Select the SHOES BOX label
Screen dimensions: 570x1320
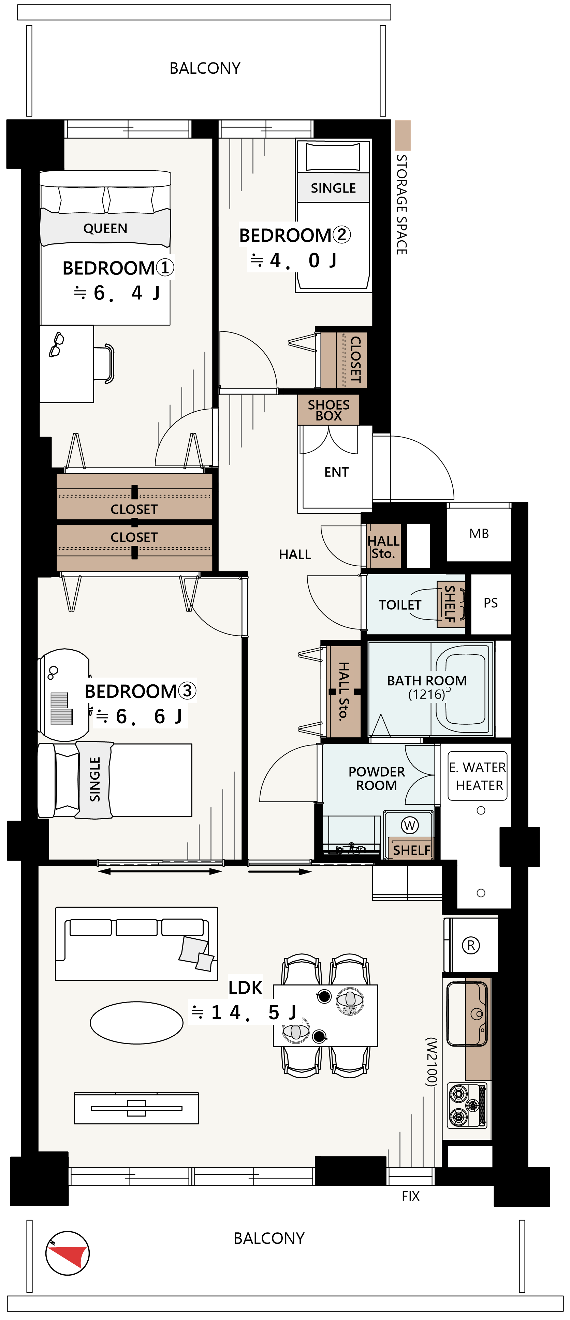pyautogui.click(x=328, y=410)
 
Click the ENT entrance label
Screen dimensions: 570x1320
pyautogui.click(x=336, y=472)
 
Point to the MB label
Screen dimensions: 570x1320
pyautogui.click(x=479, y=534)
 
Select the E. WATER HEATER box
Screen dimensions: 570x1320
pyautogui.click(x=477, y=776)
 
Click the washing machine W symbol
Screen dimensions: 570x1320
pyautogui.click(x=409, y=825)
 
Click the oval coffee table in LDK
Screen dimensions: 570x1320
pyautogui.click(x=137, y=1022)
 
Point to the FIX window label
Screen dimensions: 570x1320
pyautogui.click(x=411, y=1196)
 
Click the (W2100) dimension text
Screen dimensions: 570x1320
pyautogui.click(x=431, y=1062)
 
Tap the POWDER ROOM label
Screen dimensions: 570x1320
pyautogui.click(x=376, y=778)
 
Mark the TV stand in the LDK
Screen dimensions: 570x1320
pyautogui.click(x=136, y=1108)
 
